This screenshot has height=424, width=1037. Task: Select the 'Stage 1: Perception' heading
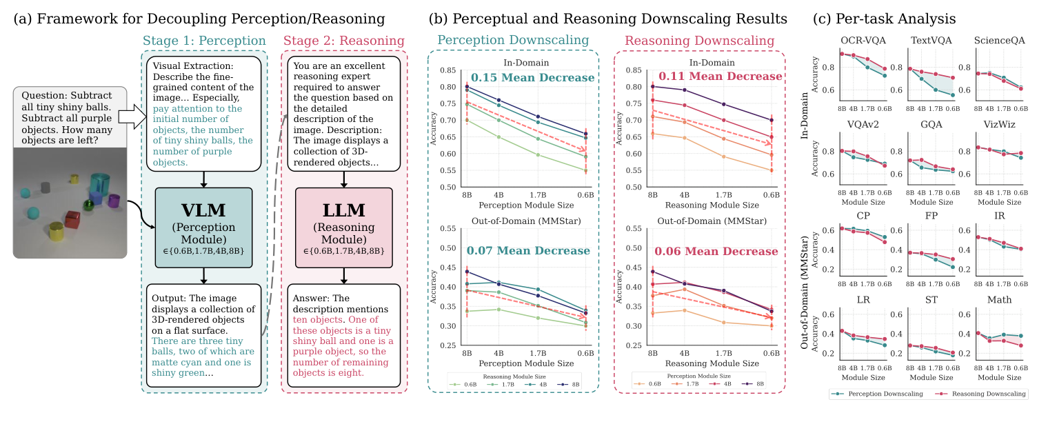point(204,41)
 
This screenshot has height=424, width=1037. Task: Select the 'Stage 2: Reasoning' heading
point(344,41)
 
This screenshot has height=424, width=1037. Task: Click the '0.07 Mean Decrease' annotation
point(528,251)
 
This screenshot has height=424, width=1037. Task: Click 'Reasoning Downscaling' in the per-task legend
point(982,394)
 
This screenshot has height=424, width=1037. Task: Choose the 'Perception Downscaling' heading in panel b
point(514,41)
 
